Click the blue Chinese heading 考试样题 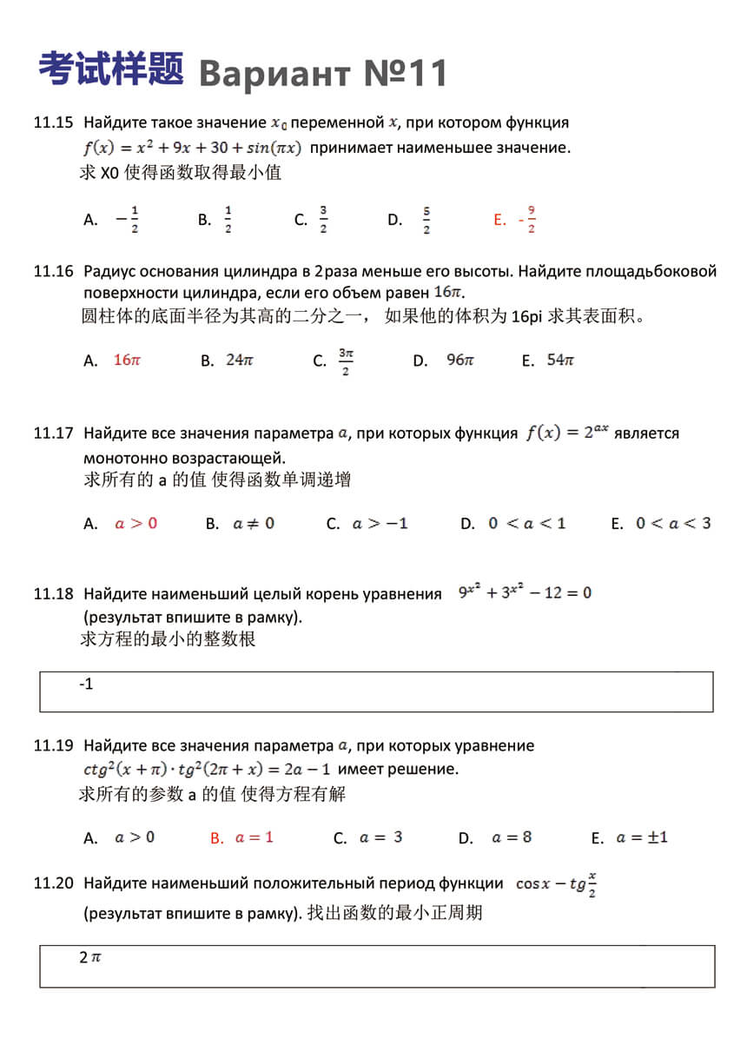pyautogui.click(x=110, y=69)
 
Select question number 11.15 pyautogui.click(x=53, y=122)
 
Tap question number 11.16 pyautogui.click(x=53, y=271)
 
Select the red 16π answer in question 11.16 pyautogui.click(x=127, y=360)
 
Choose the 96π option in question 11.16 pyautogui.click(x=459, y=360)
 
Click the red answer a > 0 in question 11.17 pyautogui.click(x=136, y=523)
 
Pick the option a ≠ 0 pyautogui.click(x=254, y=523)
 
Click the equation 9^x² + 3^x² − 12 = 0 pyautogui.click(x=525, y=592)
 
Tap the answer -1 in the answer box pyautogui.click(x=86, y=685)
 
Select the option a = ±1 pyautogui.click(x=641, y=837)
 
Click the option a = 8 pyautogui.click(x=512, y=837)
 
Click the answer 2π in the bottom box pyautogui.click(x=90, y=957)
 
